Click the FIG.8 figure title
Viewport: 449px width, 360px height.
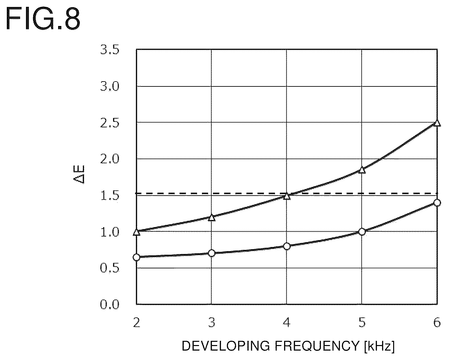click(x=43, y=19)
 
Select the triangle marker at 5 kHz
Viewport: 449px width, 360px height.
click(x=362, y=170)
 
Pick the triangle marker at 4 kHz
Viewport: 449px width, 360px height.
click(x=287, y=196)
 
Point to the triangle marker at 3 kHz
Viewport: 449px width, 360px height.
click(x=212, y=218)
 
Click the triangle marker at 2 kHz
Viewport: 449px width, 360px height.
click(x=137, y=232)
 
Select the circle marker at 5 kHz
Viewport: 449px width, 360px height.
click(x=362, y=232)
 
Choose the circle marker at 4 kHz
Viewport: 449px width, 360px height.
click(x=287, y=246)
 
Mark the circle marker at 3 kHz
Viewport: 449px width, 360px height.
click(x=212, y=253)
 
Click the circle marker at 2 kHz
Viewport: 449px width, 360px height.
click(x=137, y=257)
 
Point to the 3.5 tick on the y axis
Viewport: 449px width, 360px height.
click(x=110, y=50)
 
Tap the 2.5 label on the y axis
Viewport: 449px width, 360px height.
click(x=110, y=123)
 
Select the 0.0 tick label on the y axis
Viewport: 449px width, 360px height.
click(x=110, y=305)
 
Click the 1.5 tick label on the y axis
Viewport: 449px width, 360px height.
click(x=110, y=196)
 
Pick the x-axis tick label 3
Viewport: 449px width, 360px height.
click(x=212, y=323)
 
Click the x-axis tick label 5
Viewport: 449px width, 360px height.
click(x=362, y=323)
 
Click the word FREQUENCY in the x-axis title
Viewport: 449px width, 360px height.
click(x=317, y=346)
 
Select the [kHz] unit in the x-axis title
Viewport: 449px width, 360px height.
click(x=379, y=346)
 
